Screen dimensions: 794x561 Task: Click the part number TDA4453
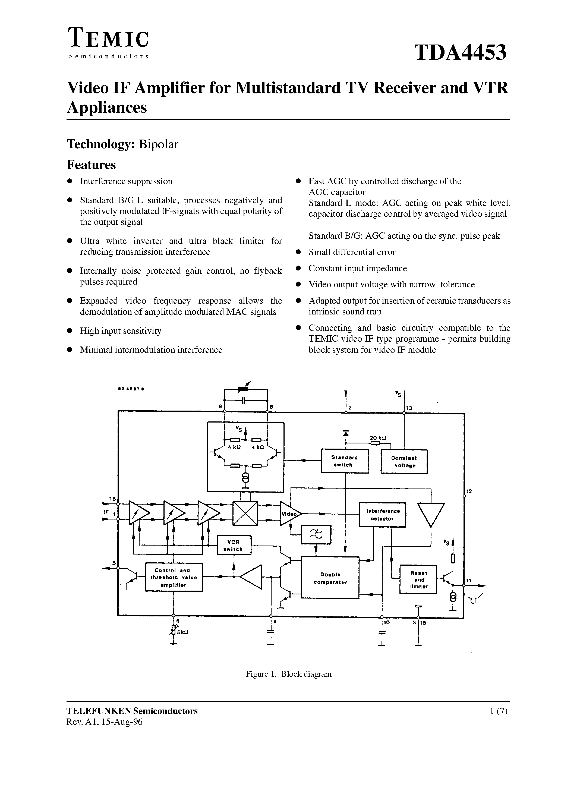(x=461, y=52)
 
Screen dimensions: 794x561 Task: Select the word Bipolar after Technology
(x=158, y=144)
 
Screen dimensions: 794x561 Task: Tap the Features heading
(x=91, y=165)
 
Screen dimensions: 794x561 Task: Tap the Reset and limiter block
(x=418, y=579)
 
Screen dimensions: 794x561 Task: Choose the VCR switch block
(x=234, y=545)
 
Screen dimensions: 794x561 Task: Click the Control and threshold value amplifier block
(x=174, y=578)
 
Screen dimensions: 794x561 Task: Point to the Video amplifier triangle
(x=289, y=514)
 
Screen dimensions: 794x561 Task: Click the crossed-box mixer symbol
(x=245, y=513)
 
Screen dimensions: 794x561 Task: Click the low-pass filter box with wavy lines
(x=316, y=535)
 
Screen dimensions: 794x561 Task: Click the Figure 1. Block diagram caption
(x=288, y=674)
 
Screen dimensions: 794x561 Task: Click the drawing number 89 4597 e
(x=131, y=389)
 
